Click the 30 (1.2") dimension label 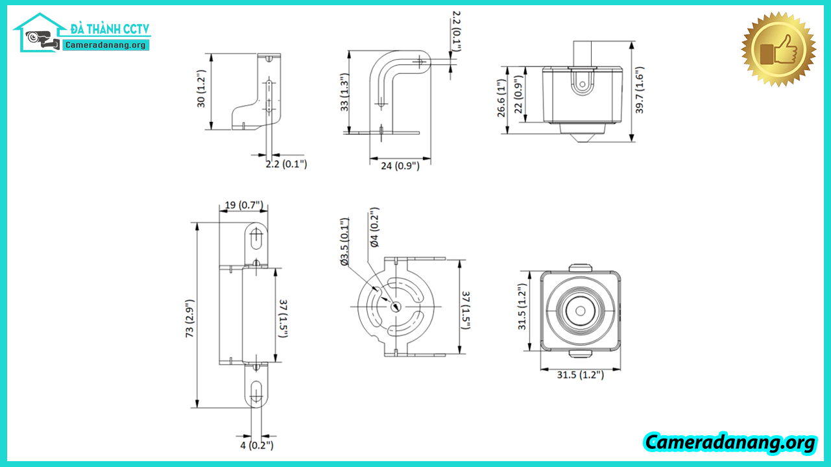pyautogui.click(x=200, y=89)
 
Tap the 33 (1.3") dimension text pyautogui.click(x=344, y=92)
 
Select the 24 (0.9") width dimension pyautogui.click(x=400, y=165)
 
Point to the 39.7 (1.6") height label pyautogui.click(x=639, y=90)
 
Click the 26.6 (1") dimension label pyautogui.click(x=501, y=98)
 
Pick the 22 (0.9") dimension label pyautogui.click(x=518, y=94)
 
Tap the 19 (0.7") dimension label pyautogui.click(x=244, y=205)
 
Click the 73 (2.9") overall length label pyautogui.click(x=189, y=318)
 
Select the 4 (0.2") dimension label pyautogui.click(x=257, y=445)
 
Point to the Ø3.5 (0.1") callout pyautogui.click(x=344, y=241)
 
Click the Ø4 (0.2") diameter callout pyautogui.click(x=374, y=227)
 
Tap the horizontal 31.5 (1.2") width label pyautogui.click(x=580, y=375)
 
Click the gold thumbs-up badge pyautogui.click(x=778, y=49)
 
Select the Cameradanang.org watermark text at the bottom pyautogui.click(x=730, y=442)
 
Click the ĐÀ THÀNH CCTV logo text pyautogui.click(x=110, y=29)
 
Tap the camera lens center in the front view pyautogui.click(x=581, y=311)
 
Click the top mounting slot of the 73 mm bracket pyautogui.click(x=256, y=238)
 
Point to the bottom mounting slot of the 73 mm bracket pyautogui.click(x=256, y=393)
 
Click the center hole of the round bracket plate pyautogui.click(x=396, y=307)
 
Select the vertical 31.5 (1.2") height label pyautogui.click(x=522, y=306)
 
